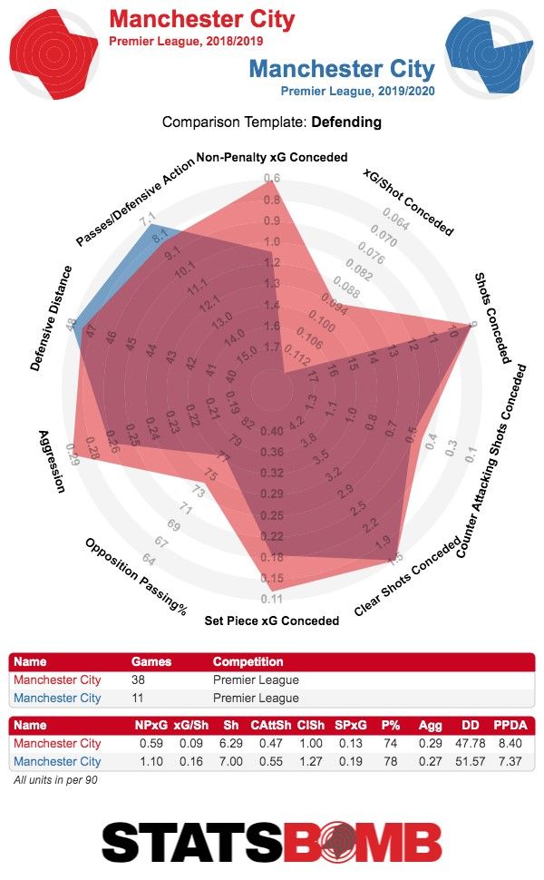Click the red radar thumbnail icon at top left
53,53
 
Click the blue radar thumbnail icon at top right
491,53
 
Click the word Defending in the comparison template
346,122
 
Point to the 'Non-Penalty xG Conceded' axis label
272,157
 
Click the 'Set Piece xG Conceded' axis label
272,621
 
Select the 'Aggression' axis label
53,460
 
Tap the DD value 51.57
463,762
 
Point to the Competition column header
248,662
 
